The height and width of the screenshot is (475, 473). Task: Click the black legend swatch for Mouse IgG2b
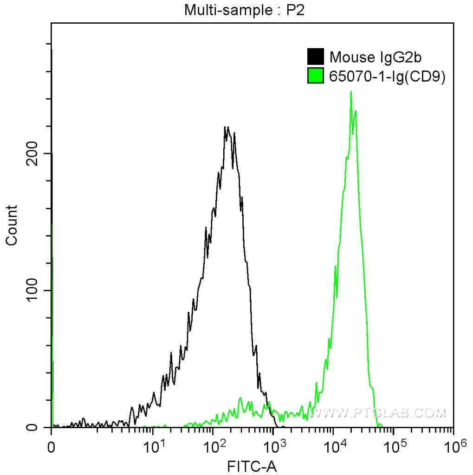click(x=316, y=57)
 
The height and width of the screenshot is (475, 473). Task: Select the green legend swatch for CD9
click(x=316, y=76)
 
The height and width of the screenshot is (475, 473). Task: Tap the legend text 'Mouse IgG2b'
click(x=375, y=57)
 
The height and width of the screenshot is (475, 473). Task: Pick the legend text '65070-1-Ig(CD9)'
click(x=387, y=77)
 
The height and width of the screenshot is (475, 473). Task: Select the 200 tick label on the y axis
click(x=32, y=154)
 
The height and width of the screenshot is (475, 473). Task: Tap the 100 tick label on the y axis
click(x=32, y=290)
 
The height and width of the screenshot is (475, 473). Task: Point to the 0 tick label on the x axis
click(x=52, y=448)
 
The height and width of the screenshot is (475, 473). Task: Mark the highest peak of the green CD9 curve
click(x=351, y=92)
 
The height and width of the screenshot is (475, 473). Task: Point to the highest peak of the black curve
click(x=226, y=127)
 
